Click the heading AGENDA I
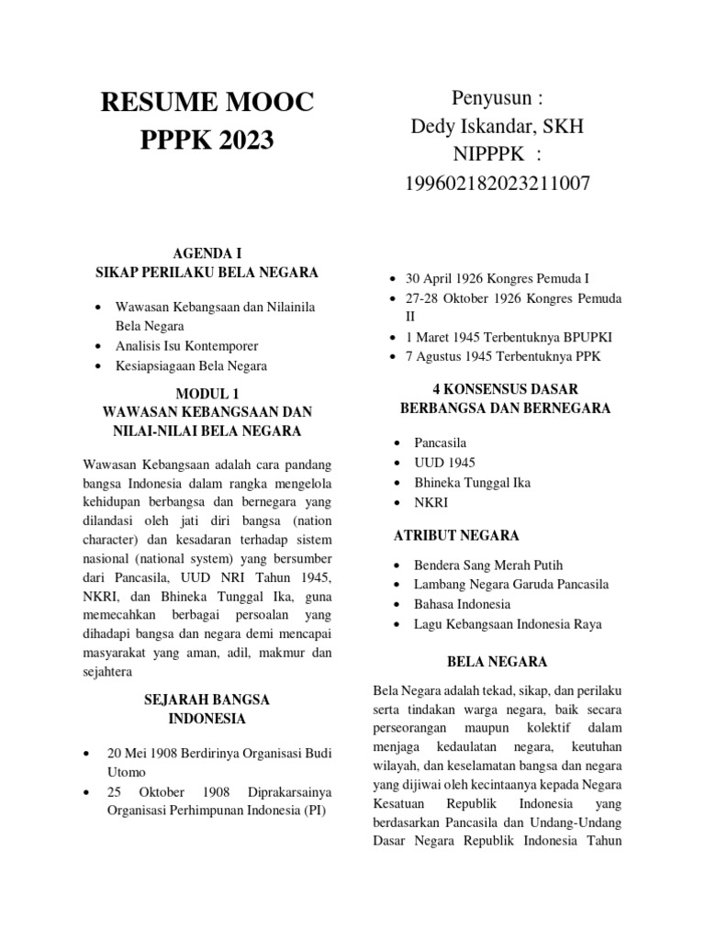click(207, 252)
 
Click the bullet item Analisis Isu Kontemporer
click(186, 346)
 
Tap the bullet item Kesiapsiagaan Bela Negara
click(191, 365)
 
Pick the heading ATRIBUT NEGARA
click(456, 535)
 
